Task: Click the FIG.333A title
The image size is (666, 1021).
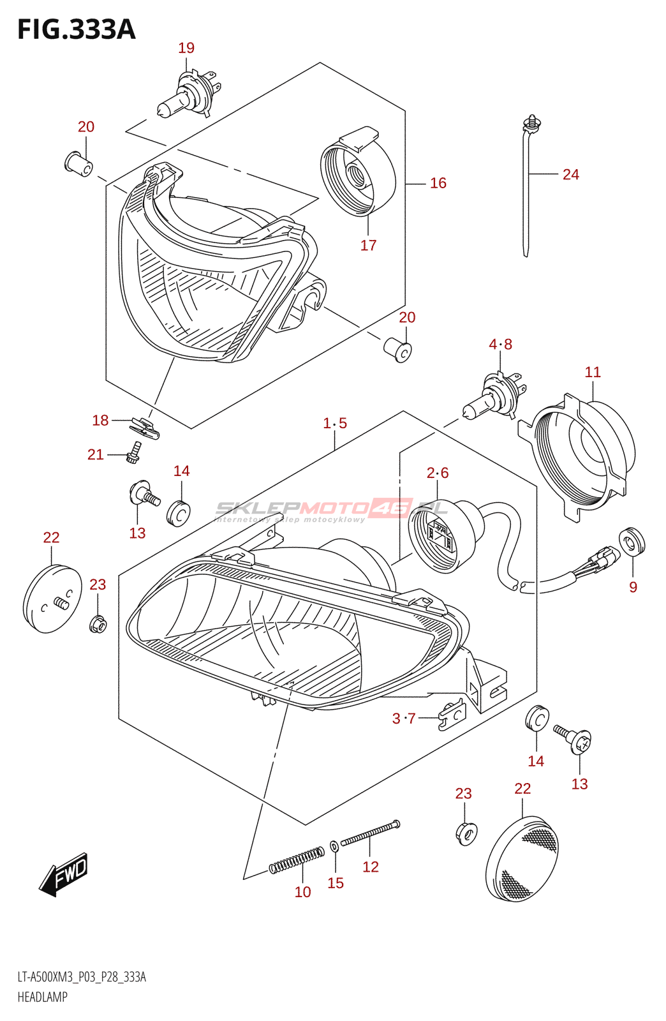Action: [77, 29]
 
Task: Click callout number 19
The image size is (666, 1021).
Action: [186, 48]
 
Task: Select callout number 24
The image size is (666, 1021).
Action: [570, 174]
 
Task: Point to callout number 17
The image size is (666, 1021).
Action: [368, 245]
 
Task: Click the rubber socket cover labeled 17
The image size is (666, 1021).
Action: [357, 172]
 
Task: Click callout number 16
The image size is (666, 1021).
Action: [438, 183]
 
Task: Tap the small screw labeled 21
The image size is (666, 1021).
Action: [134, 452]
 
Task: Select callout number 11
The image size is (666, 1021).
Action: [593, 372]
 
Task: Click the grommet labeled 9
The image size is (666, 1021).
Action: [632, 543]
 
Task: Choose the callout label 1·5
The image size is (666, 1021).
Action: [335, 423]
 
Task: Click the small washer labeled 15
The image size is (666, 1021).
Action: [334, 847]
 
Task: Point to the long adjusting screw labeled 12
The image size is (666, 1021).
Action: [370, 833]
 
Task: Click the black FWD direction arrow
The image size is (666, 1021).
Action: [64, 874]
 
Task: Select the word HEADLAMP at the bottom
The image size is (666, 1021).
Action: [42, 997]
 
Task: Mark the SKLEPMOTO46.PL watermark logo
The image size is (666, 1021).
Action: [332, 509]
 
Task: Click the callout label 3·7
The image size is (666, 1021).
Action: [404, 719]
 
